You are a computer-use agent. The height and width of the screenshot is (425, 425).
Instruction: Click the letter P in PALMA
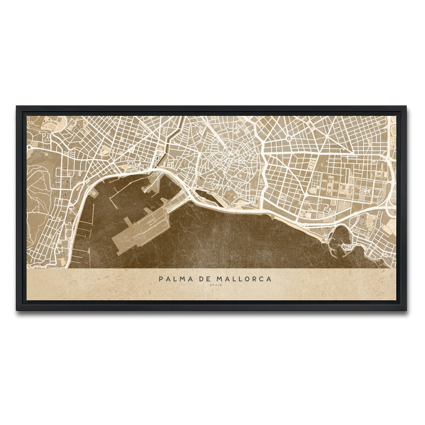(x=161, y=279)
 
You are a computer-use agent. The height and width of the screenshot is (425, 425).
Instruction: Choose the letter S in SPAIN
(x=211, y=285)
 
